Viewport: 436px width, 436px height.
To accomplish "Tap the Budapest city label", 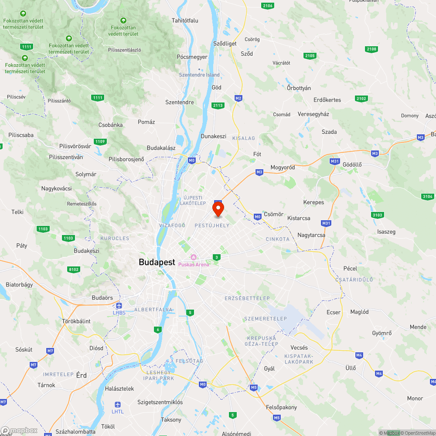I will [x=157, y=262].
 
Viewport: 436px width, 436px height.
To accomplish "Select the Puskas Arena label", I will [x=193, y=264].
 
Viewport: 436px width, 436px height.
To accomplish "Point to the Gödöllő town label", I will [x=353, y=164].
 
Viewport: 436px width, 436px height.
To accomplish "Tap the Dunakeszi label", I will [x=213, y=136].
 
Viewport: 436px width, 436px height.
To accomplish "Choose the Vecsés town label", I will [x=299, y=347].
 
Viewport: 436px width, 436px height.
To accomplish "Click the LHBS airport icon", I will [x=119, y=306].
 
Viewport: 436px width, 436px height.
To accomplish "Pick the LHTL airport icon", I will [x=117, y=405].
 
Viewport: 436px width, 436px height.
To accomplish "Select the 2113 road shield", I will [x=218, y=105].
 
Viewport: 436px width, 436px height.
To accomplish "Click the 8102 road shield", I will [x=74, y=269].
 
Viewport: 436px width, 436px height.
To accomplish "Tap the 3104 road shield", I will [x=428, y=197].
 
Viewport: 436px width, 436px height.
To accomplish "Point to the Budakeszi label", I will [x=86, y=251].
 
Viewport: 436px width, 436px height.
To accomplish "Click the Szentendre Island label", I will [x=199, y=75].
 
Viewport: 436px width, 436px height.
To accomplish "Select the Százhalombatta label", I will [x=76, y=432].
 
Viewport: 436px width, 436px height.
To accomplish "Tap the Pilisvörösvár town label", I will [x=76, y=146].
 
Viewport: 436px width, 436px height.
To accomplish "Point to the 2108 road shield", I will [x=371, y=49].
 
